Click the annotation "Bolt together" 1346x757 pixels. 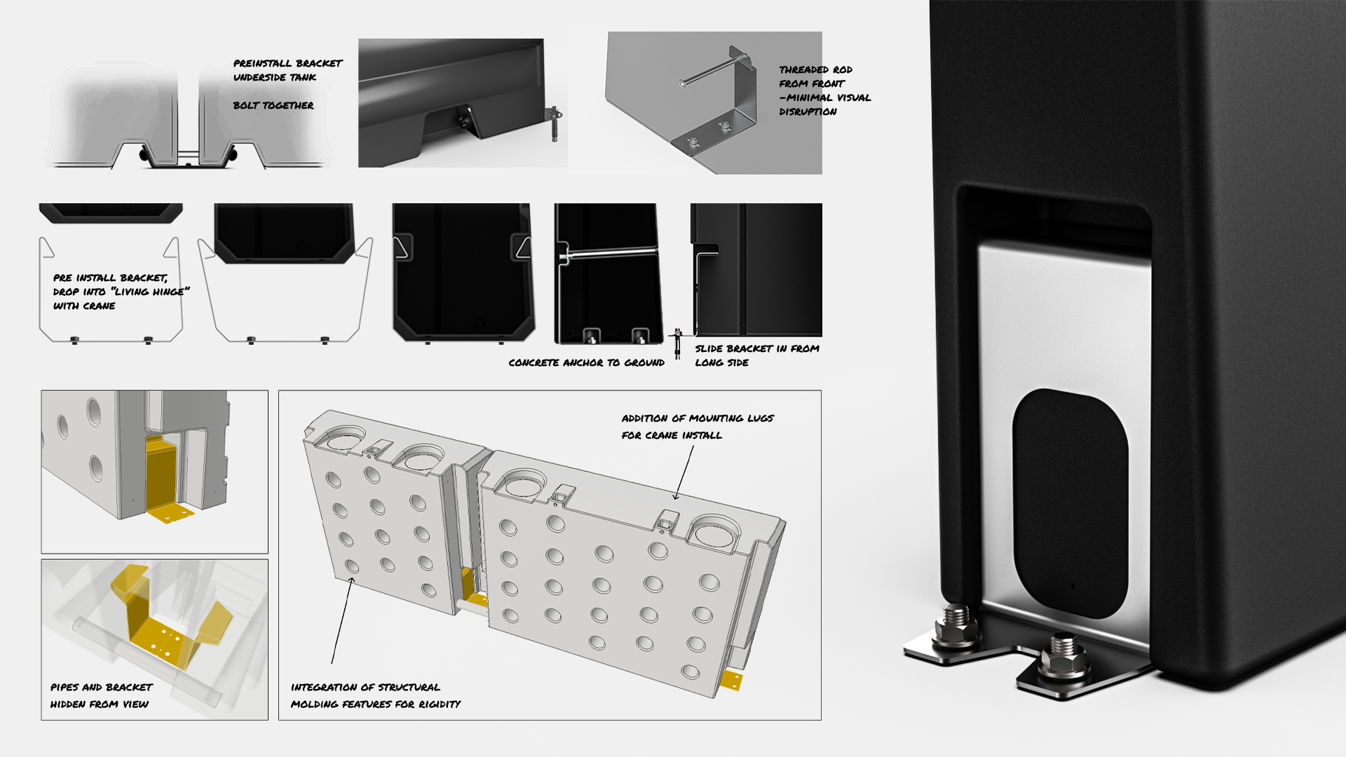273,105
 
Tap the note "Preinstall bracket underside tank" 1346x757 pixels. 287,70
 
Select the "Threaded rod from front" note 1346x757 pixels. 824,90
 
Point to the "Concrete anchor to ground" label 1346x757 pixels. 586,362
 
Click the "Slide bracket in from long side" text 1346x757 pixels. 756,355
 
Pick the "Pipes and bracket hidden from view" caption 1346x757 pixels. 100,695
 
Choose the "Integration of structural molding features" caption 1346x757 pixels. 375,695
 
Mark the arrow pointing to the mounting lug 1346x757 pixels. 684,473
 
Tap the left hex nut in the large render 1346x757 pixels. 957,626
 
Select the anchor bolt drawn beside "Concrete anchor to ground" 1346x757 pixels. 677,343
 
